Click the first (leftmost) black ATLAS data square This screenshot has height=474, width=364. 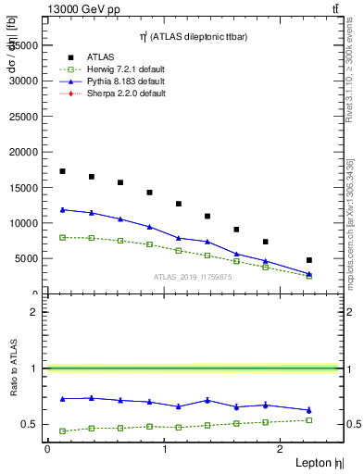pos(62,171)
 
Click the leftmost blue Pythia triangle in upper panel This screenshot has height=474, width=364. pos(62,209)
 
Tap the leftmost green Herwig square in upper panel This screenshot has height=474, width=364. pos(62,237)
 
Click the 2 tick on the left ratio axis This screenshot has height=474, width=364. pos(36,312)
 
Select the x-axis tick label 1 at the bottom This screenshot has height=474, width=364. pos(165,449)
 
